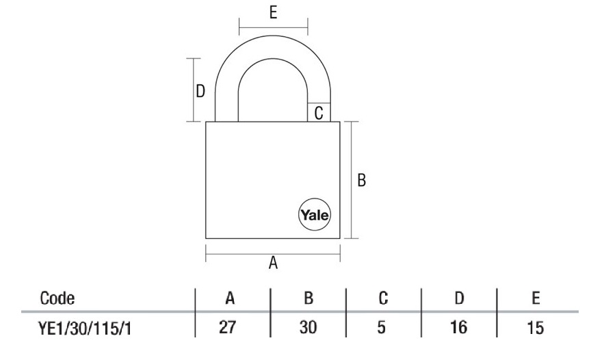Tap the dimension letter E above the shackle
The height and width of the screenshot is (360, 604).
click(273, 13)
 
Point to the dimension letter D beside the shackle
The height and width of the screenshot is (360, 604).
click(200, 92)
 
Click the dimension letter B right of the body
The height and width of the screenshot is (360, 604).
click(363, 180)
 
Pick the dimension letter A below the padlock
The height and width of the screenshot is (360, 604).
click(273, 263)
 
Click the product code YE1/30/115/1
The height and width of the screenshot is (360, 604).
click(86, 329)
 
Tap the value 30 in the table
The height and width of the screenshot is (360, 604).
click(308, 329)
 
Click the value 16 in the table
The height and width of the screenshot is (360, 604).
click(460, 329)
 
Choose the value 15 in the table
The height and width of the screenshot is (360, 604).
click(536, 329)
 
